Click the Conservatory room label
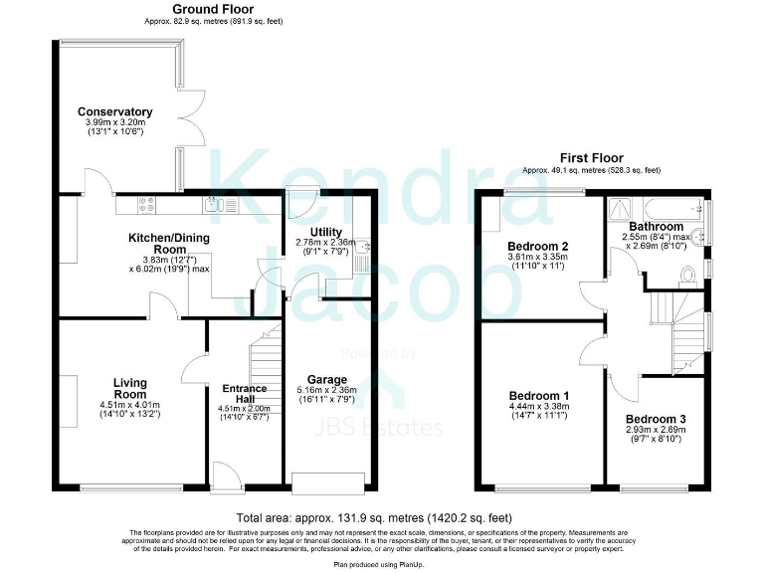click(115, 111)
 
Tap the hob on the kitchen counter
click(146, 206)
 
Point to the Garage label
click(326, 379)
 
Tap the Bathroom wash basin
click(701, 236)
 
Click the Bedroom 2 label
click(537, 246)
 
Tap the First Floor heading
click(591, 158)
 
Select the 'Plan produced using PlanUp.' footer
click(381, 563)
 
